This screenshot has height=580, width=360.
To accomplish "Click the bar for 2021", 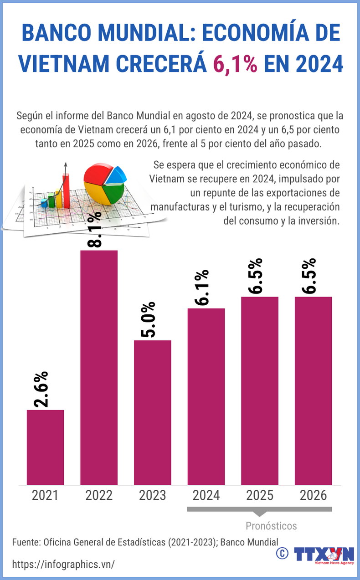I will point(45,447).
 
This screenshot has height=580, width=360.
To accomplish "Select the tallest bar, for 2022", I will point(99,367).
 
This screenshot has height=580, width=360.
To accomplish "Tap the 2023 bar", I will point(152,412).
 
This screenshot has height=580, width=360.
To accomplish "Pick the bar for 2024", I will point(206,396).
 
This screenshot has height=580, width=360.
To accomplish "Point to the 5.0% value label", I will point(148,319).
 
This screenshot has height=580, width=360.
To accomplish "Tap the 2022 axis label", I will point(99,495).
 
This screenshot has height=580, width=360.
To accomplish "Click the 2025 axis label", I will point(260,495).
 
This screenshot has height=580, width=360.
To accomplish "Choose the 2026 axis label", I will point(313,495).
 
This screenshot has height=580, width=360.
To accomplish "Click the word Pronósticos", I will point(271,526).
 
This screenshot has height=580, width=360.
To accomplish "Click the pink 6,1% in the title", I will point(235,63).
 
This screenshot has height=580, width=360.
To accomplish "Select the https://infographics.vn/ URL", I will point(63,564).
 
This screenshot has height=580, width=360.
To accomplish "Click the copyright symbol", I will point(282,553).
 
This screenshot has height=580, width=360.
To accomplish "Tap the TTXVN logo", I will point(324,554).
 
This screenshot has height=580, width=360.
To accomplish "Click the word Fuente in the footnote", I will point(26,542).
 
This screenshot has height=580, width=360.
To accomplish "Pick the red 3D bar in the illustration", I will point(66,189).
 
